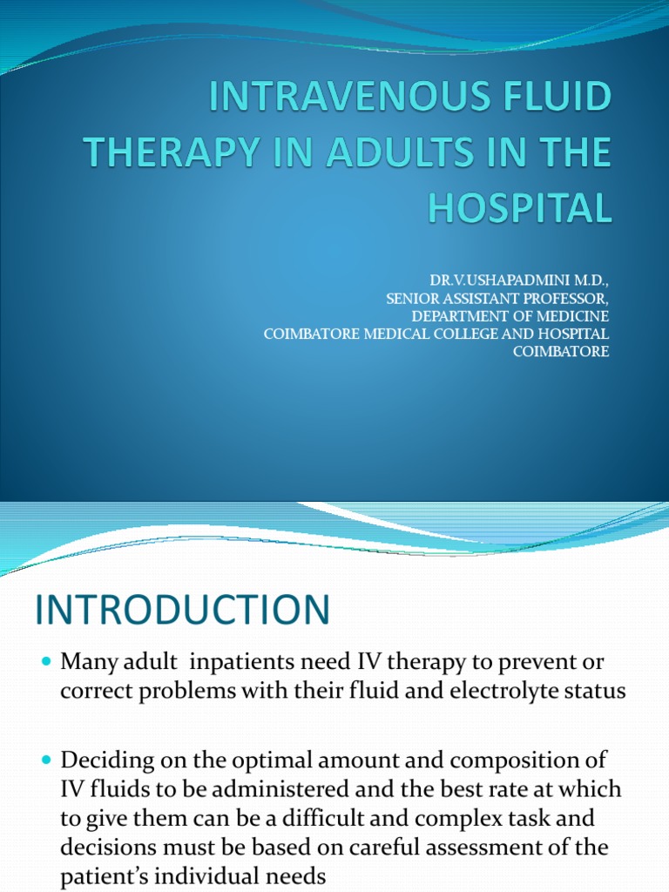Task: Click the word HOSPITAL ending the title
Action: click(526, 209)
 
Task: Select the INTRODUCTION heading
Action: click(183, 610)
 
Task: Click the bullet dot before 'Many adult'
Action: click(47, 663)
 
